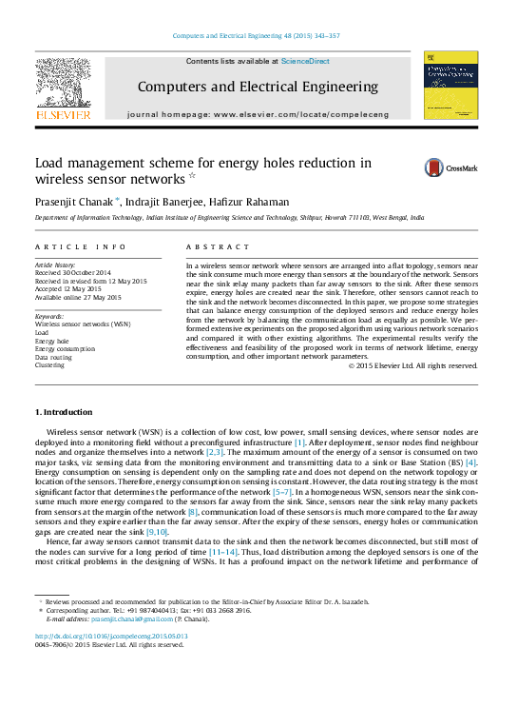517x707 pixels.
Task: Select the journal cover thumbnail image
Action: [444, 85]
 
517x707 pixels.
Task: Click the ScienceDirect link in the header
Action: [305, 61]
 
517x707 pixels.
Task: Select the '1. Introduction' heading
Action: [64, 412]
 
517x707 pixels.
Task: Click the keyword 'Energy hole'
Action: [52, 340]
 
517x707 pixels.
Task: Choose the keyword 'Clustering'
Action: [50, 364]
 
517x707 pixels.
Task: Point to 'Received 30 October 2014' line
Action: [73, 273]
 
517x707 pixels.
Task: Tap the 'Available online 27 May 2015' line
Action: [78, 297]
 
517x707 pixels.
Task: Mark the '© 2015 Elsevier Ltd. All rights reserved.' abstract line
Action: [412, 365]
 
